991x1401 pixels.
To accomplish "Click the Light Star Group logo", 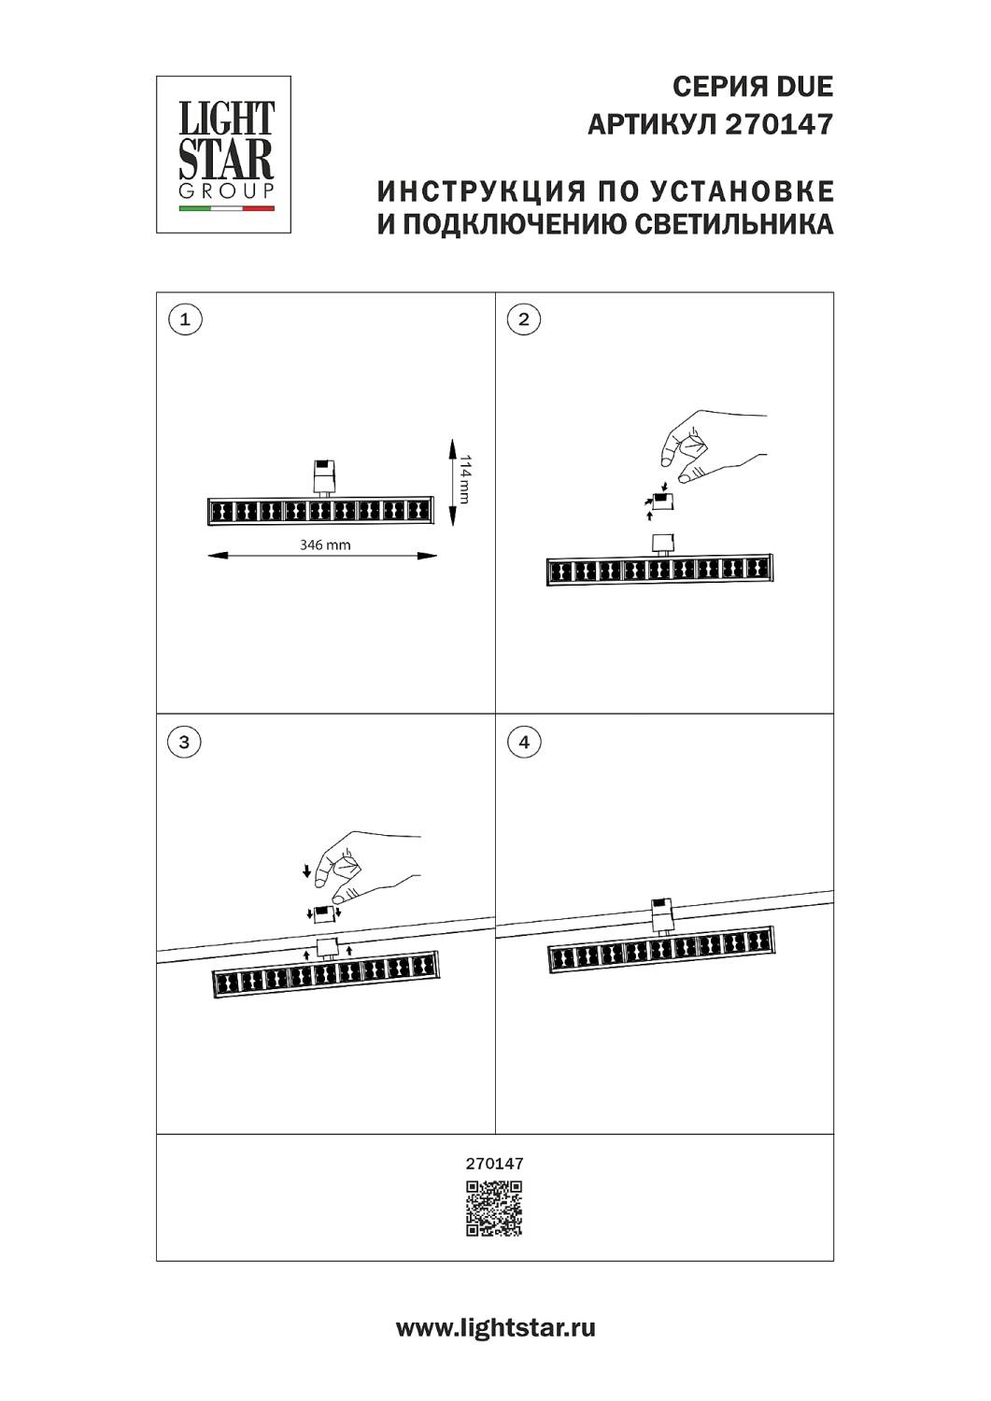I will click(223, 154).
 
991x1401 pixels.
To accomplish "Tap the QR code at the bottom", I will click(494, 1209).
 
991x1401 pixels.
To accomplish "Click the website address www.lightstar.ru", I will click(495, 1328).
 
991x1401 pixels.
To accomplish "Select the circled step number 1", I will click(185, 319).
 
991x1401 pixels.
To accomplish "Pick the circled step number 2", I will click(523, 319).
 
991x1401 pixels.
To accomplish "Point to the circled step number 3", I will click(184, 742).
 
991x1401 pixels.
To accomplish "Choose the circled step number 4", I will click(523, 742).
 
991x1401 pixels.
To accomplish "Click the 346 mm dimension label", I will click(325, 545).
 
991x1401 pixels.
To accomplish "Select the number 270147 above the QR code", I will click(494, 1164).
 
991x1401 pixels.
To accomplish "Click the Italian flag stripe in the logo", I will click(227, 208).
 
